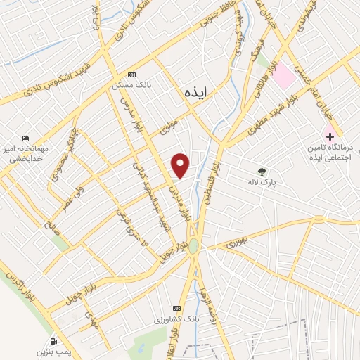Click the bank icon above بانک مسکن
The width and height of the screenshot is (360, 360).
131,75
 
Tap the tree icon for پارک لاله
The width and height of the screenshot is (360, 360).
262,171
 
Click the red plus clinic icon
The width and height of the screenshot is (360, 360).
328,136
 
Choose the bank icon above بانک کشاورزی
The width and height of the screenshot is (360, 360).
176,308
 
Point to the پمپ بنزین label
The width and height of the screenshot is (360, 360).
54,349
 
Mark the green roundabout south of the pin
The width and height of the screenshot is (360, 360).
193,245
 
